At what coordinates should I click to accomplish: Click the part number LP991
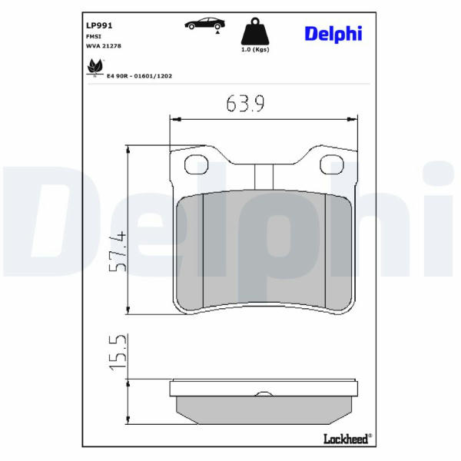pos(99,25)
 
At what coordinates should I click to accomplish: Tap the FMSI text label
pos(94,36)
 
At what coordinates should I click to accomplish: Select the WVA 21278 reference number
pos(104,46)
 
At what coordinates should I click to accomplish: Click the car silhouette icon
pos(204,24)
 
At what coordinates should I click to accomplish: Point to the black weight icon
pos(255,32)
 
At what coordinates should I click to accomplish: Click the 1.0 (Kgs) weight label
pos(255,49)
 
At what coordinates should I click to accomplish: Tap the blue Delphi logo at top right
pos(333,34)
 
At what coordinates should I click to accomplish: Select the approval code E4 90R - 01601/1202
pos(139,76)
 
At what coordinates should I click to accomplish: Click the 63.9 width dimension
pos(245,103)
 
